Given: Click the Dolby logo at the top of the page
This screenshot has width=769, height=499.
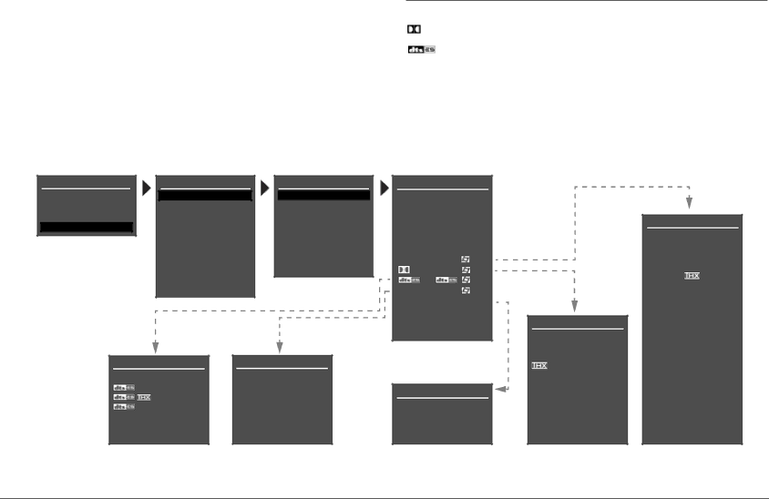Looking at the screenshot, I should [414, 30].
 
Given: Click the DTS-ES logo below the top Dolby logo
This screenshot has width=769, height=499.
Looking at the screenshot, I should [421, 49].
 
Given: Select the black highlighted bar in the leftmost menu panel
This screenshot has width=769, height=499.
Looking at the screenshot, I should [87, 227].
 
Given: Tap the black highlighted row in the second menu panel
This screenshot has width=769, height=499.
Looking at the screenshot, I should [205, 195].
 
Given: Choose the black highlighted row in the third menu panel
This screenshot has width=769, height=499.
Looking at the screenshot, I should [323, 195].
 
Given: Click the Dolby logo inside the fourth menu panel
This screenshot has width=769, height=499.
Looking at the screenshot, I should [405, 270].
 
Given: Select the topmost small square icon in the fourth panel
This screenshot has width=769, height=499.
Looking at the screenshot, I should [465, 260].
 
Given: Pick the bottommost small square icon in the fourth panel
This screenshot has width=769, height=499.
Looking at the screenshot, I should [465, 290].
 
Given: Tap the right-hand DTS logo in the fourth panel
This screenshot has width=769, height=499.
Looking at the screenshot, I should [446, 280].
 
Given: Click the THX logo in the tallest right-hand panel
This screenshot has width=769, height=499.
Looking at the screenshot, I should [692, 275].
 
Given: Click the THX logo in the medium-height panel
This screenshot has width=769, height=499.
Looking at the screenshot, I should [539, 365].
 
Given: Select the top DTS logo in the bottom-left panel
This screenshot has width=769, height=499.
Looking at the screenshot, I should [123, 388].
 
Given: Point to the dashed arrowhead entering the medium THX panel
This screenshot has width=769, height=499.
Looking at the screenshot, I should [575, 307].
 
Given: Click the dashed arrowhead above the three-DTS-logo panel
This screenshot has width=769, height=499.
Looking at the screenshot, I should [156, 347].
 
